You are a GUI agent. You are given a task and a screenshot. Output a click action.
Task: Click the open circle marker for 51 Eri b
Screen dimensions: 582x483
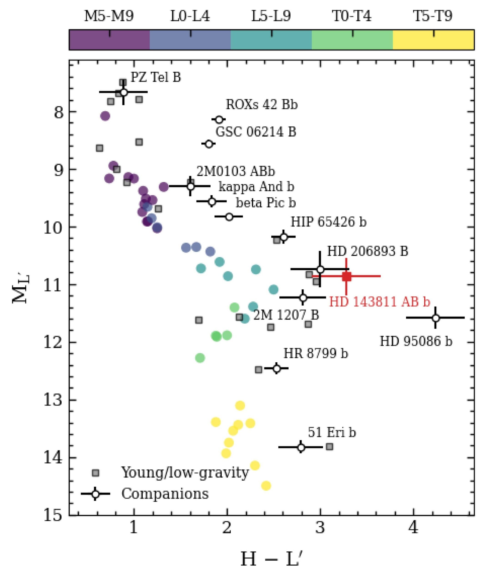pyautogui.click(x=301, y=447)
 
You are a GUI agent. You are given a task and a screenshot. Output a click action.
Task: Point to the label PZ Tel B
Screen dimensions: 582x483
pyautogui.click(x=156, y=77)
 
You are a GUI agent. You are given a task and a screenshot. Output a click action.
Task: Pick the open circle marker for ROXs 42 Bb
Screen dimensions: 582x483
pyautogui.click(x=219, y=120)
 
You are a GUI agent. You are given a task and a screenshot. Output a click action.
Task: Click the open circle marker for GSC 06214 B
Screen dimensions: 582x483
pyautogui.click(x=209, y=144)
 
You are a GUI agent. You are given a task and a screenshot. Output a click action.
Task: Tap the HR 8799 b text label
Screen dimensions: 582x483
pyautogui.click(x=316, y=354)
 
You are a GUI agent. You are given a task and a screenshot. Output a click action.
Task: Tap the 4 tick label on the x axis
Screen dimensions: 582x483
pyautogui.click(x=413, y=528)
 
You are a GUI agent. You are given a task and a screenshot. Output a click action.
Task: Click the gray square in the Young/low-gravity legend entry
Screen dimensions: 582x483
pyautogui.click(x=95, y=473)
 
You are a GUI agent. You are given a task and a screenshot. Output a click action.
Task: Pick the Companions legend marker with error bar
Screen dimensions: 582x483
pyautogui.click(x=95, y=494)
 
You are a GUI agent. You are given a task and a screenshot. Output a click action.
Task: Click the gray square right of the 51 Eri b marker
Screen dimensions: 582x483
pyautogui.click(x=329, y=447)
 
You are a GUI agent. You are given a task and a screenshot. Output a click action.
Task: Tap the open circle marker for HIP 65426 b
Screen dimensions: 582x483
pyautogui.click(x=284, y=237)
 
